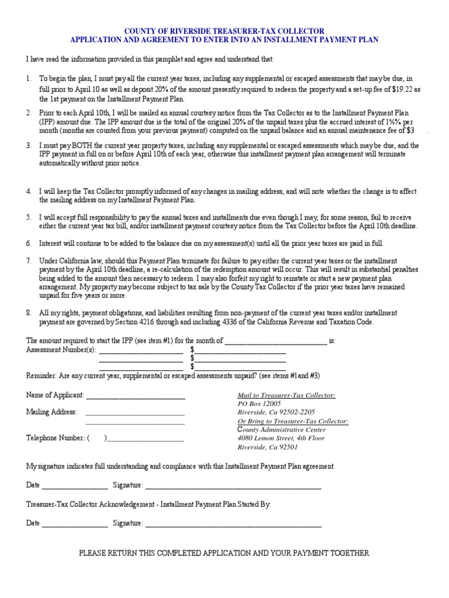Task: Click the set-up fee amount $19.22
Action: pos(401,89)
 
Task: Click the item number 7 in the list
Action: pos(28,260)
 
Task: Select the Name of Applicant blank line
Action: pos(136,396)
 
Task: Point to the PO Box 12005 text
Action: pos(259,404)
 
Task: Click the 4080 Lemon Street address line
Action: pos(281,438)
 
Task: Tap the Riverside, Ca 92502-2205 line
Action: pos(276,412)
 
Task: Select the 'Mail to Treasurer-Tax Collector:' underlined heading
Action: pos(286,395)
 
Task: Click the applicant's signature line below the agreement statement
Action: pos(233,485)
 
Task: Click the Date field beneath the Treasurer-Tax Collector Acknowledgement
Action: pos(74,524)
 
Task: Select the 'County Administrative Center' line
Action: pos(281,430)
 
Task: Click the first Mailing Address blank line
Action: pos(136,412)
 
